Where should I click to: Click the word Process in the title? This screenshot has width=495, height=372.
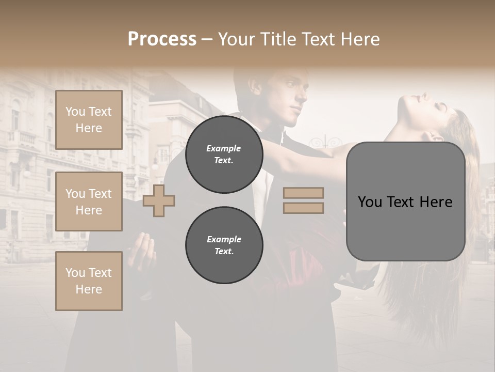coord(162,39)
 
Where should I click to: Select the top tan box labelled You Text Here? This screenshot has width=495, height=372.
coord(89,120)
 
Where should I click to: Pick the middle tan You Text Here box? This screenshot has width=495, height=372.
coord(89,202)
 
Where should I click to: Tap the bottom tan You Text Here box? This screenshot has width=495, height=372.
coord(89,281)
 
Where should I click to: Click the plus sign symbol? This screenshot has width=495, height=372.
coord(159,201)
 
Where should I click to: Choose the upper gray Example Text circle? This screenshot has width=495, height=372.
coord(224,154)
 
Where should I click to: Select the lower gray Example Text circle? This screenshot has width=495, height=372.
coord(224,245)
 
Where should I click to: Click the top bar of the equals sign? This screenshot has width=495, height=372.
coord(303,193)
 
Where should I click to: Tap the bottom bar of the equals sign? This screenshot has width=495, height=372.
coord(303,208)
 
